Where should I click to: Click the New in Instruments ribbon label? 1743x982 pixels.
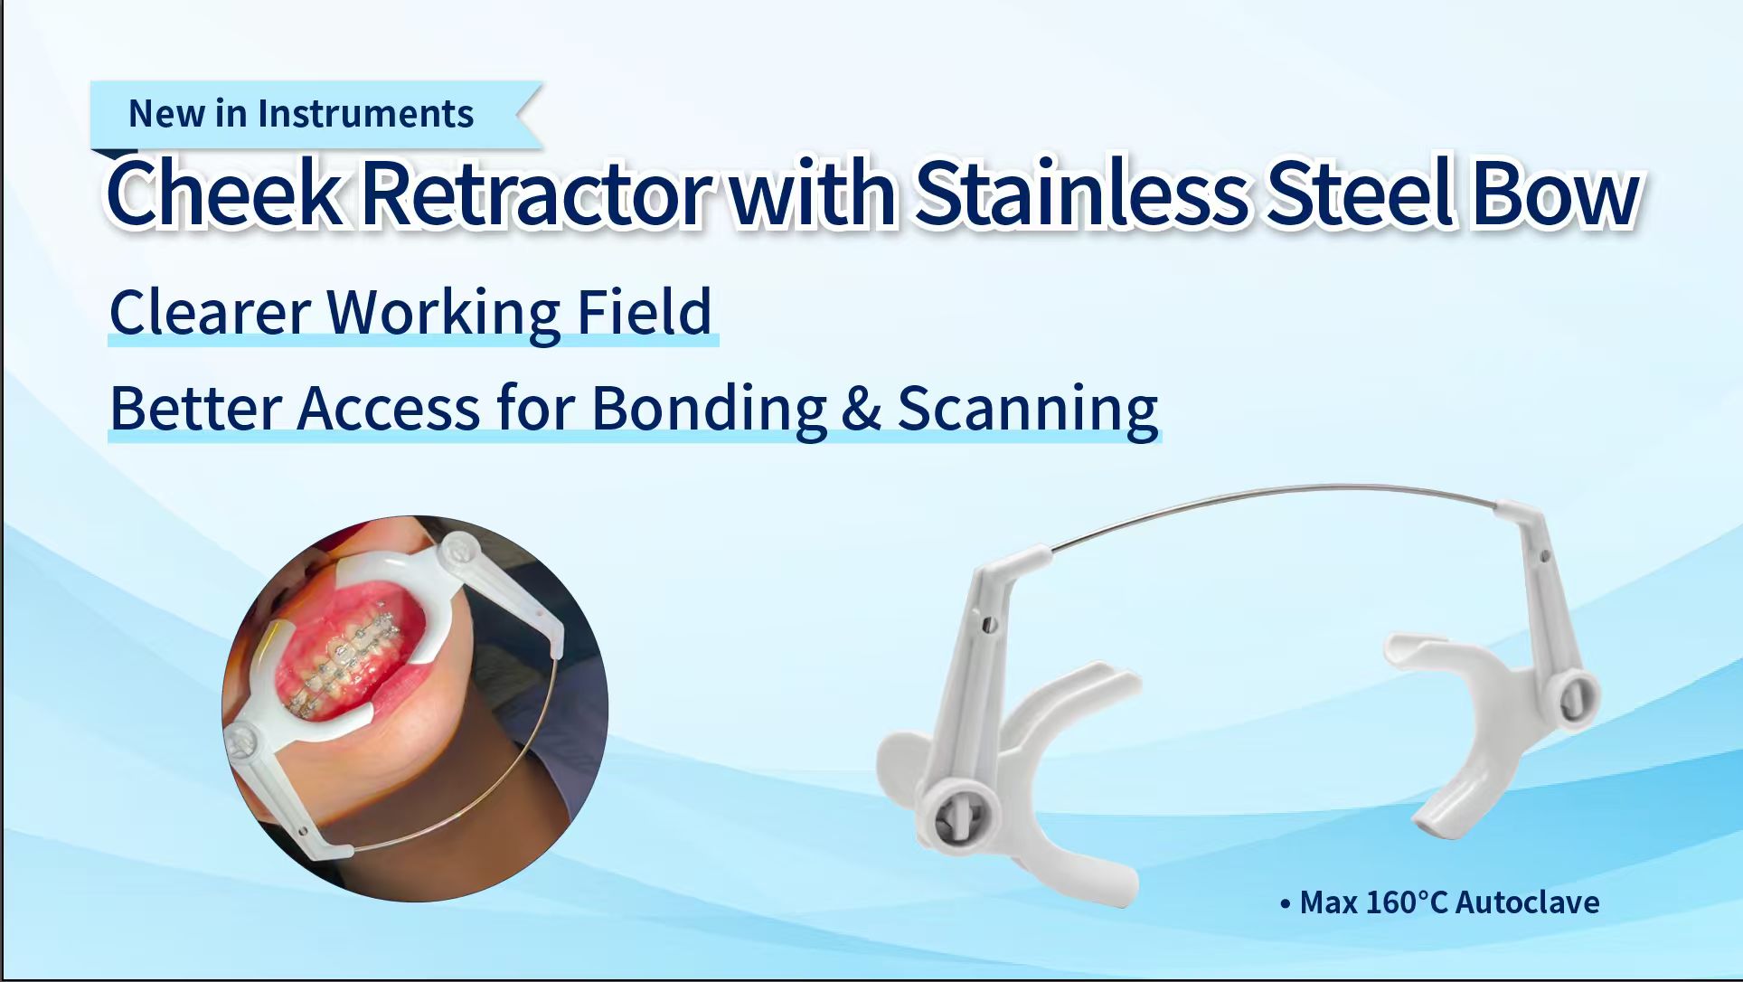[x=301, y=114]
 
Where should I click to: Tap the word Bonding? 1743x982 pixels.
[x=709, y=409]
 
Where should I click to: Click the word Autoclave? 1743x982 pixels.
[x=1528, y=902]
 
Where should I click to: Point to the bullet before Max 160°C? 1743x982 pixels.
[x=1286, y=903]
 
